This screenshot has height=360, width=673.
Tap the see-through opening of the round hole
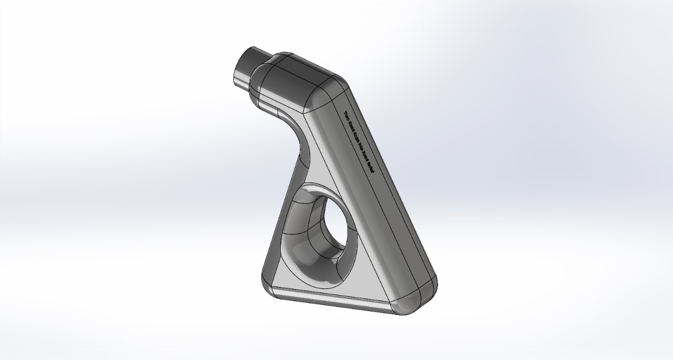(336, 227)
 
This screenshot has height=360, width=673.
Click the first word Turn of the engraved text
(347, 116)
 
